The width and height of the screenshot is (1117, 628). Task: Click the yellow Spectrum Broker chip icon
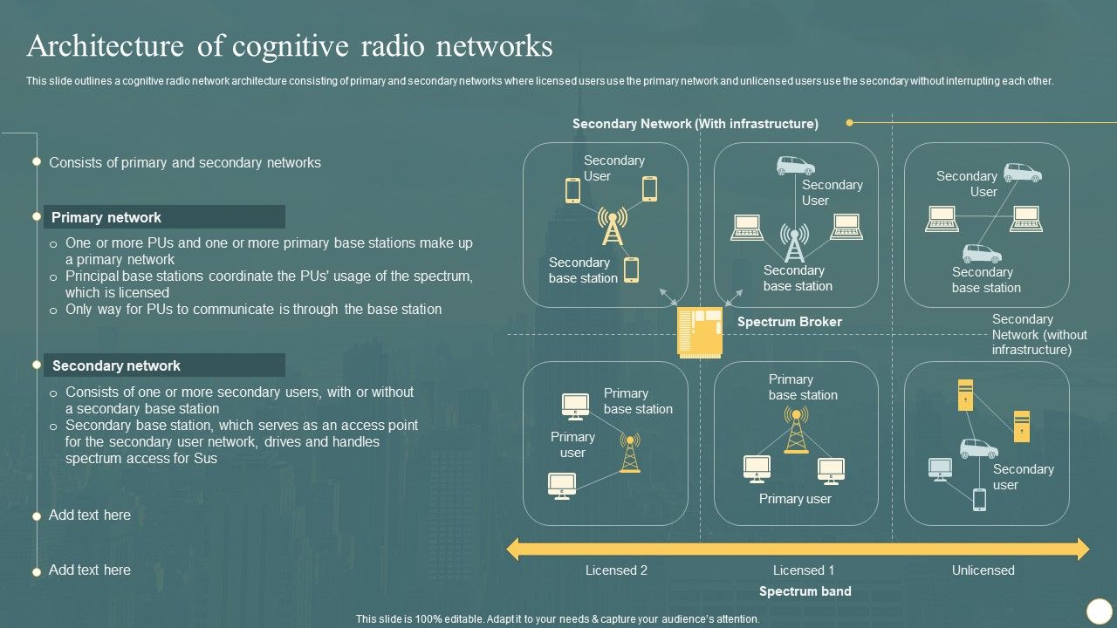701,332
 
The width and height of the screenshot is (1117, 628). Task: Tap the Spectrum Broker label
789,322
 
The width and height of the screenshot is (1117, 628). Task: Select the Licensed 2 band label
616,570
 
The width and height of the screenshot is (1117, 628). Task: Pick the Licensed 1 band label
804,570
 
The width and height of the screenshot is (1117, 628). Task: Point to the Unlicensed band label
983,570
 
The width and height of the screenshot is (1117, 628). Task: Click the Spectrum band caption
805,591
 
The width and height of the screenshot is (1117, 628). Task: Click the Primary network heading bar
164,217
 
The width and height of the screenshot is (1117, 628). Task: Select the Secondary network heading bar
164,365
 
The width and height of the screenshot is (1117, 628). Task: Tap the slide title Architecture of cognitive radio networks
290,45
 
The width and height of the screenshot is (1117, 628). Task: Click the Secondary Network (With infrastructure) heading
695,124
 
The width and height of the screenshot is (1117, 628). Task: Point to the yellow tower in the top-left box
612,227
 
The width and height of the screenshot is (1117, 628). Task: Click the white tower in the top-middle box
794,242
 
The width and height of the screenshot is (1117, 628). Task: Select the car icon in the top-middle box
795,166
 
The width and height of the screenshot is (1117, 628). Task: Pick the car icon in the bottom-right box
979,448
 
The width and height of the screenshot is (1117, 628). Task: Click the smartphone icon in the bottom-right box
979,500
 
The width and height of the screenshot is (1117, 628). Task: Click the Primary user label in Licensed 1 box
795,499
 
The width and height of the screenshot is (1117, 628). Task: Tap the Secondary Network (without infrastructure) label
1038,334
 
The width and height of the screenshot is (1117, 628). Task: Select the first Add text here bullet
89,515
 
